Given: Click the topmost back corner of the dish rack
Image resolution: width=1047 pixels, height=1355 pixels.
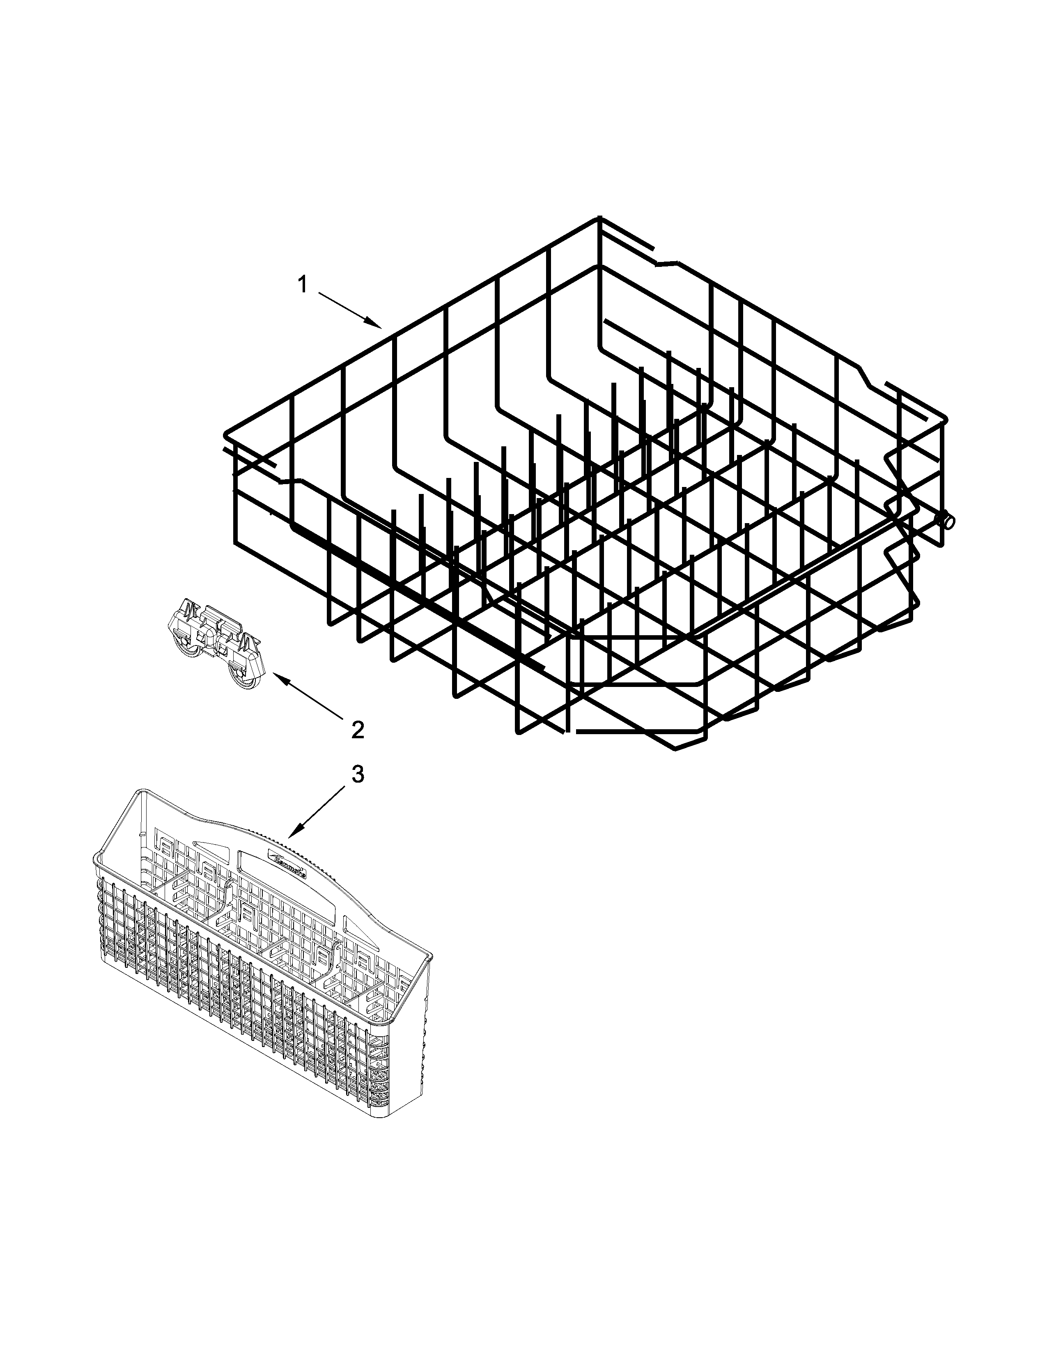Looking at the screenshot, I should point(599,218).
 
